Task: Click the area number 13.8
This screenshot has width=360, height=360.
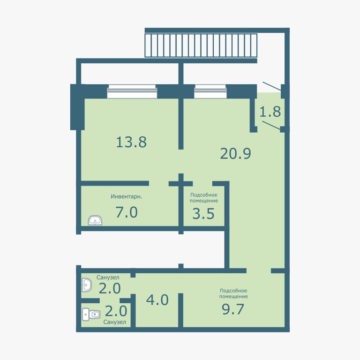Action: (131, 142)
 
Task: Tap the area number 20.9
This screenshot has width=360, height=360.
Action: (236, 154)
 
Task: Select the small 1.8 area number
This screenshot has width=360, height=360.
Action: (270, 112)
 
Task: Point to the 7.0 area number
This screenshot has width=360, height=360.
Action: (127, 212)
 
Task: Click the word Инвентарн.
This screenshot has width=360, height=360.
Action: (127, 196)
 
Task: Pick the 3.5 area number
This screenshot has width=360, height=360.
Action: (203, 214)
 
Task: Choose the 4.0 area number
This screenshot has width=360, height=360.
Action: (157, 300)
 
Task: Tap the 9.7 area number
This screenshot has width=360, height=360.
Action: (233, 309)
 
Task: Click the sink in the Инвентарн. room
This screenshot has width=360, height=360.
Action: (95, 220)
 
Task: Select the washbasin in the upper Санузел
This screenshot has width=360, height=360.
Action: (87, 285)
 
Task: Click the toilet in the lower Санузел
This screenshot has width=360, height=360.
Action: (91, 314)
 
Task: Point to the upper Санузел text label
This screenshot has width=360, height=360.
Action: (108, 277)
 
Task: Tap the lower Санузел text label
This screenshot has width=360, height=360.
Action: (114, 322)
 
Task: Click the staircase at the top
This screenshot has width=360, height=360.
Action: (201, 45)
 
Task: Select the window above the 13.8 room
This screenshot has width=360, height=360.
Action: (132, 91)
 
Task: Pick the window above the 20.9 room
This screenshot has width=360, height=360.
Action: (210, 91)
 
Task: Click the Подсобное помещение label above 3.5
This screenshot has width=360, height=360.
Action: (203, 198)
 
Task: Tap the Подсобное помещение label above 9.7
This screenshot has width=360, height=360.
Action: (233, 293)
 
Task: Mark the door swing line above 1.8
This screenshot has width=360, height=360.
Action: (272, 86)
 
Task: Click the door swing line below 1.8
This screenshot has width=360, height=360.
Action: (271, 125)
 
